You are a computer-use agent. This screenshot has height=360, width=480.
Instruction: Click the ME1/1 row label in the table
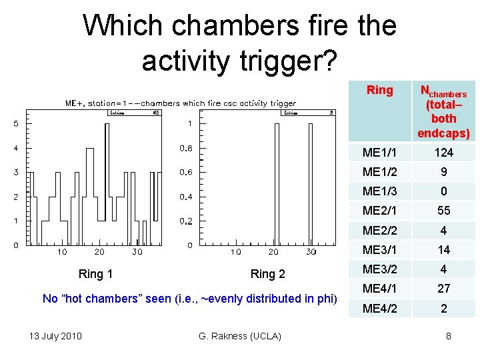[378, 153]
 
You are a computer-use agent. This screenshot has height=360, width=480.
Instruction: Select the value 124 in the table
[443, 153]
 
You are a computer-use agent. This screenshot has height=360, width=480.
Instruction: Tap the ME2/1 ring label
[378, 211]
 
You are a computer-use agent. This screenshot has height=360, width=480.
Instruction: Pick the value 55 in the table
[443, 211]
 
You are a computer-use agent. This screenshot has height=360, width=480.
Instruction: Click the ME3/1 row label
[378, 250]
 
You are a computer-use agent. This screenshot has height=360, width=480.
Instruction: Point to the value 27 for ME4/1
[443, 289]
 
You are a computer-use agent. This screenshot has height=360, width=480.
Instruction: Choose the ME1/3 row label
[378, 192]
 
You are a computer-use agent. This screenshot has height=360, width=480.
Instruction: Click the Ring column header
[380, 91]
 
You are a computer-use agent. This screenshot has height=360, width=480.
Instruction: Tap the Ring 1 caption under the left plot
[95, 274]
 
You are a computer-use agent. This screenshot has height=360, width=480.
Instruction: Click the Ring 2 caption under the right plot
[267, 274]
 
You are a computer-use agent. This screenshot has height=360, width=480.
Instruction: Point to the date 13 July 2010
[55, 335]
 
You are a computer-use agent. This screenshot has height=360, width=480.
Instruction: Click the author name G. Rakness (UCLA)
[240, 335]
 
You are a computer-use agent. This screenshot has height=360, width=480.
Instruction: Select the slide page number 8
[449, 335]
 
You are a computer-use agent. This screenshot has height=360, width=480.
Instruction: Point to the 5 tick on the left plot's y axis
[15, 124]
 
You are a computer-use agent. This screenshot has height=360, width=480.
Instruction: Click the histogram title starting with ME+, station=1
[180, 103]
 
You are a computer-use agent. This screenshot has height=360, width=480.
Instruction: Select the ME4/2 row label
[378, 309]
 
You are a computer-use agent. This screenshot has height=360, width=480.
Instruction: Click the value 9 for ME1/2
[443, 172]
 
